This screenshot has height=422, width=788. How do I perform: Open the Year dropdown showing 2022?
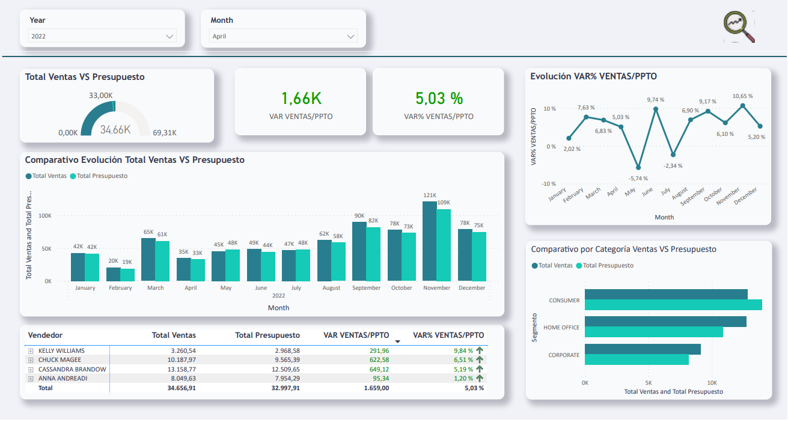[x=102, y=36]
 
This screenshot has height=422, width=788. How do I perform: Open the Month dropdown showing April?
[x=284, y=36]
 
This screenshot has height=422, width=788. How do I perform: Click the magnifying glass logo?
[x=739, y=26]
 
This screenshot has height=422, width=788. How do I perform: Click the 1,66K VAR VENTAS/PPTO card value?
[x=301, y=98]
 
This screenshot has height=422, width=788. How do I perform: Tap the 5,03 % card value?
[x=439, y=98]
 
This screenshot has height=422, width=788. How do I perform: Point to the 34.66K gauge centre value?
[x=115, y=129]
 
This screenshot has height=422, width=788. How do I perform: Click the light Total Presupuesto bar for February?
[x=127, y=275]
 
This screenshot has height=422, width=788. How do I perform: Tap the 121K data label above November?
[x=429, y=195]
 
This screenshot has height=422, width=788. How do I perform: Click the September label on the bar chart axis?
[x=366, y=288]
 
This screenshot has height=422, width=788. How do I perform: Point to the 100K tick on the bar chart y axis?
[x=45, y=215]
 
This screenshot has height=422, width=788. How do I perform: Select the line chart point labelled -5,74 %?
[x=638, y=167]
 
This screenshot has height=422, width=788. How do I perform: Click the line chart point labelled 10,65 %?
[x=743, y=106]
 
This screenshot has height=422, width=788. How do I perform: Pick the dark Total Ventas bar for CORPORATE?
[x=643, y=349]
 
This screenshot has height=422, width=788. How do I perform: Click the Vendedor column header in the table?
[x=45, y=335]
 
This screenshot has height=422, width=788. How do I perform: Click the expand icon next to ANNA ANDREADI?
[x=31, y=379]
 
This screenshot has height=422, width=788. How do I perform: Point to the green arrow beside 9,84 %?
[x=480, y=350]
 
